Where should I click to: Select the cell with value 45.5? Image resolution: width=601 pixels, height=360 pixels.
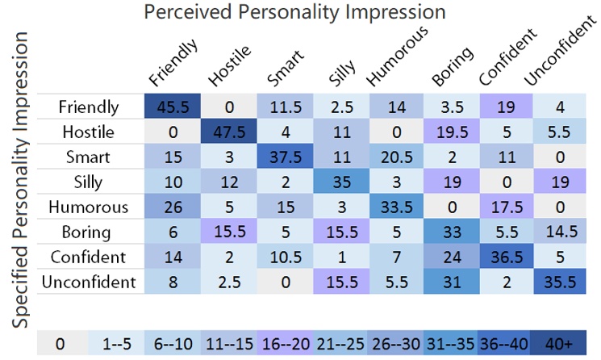pos(173,107)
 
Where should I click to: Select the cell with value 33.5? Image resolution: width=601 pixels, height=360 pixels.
pos(397,206)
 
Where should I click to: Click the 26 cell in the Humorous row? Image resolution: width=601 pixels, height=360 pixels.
pos(173,206)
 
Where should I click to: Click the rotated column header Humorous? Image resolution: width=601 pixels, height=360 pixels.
pos(394,61)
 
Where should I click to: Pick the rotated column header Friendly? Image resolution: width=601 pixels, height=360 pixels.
pos(173,65)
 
